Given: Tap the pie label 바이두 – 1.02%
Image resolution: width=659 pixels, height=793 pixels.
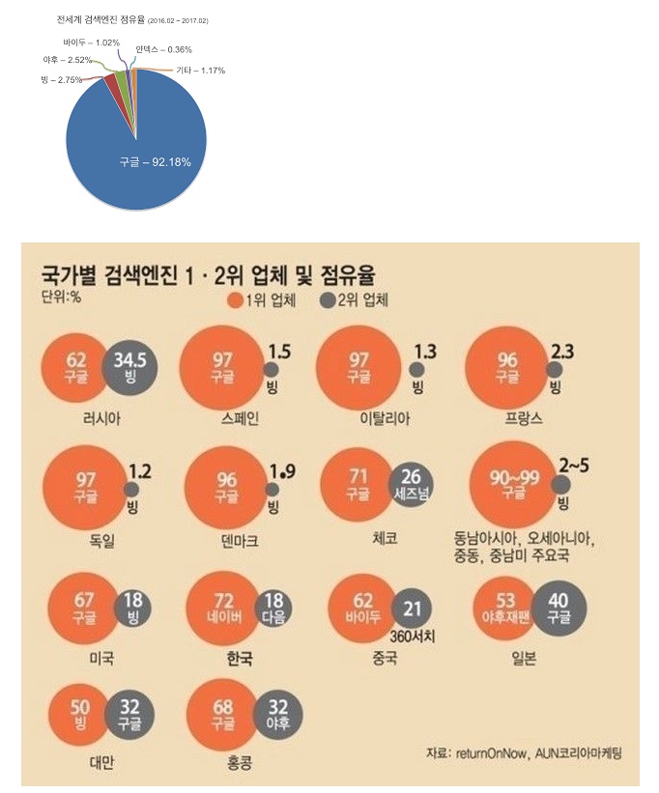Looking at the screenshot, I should pos(91,43).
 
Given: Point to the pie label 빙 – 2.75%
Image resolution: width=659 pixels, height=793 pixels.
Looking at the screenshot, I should pos(61,79).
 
